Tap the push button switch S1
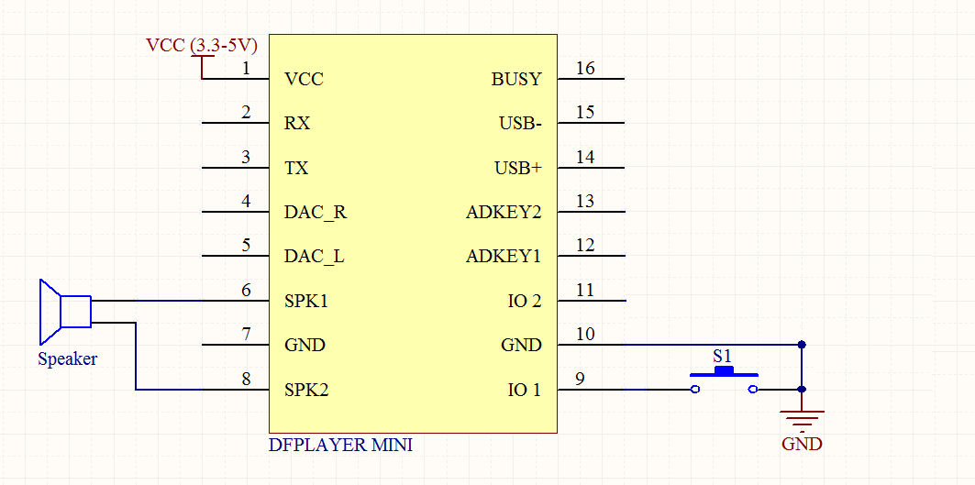point(724,376)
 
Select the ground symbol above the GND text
point(802,417)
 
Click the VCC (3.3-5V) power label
point(202,45)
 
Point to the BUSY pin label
point(516,80)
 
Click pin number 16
point(585,69)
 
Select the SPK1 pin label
point(305,301)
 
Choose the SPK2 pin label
point(305,391)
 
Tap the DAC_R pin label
point(316,213)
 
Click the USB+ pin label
point(518,169)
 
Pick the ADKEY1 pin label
point(504,257)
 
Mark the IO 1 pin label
point(524,391)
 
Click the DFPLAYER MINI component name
point(340,446)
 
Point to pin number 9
point(580,379)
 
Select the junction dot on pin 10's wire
point(802,345)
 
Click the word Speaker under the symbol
point(67,359)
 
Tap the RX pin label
point(297,124)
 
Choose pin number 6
point(246,291)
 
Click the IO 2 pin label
point(524,301)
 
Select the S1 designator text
point(723,355)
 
